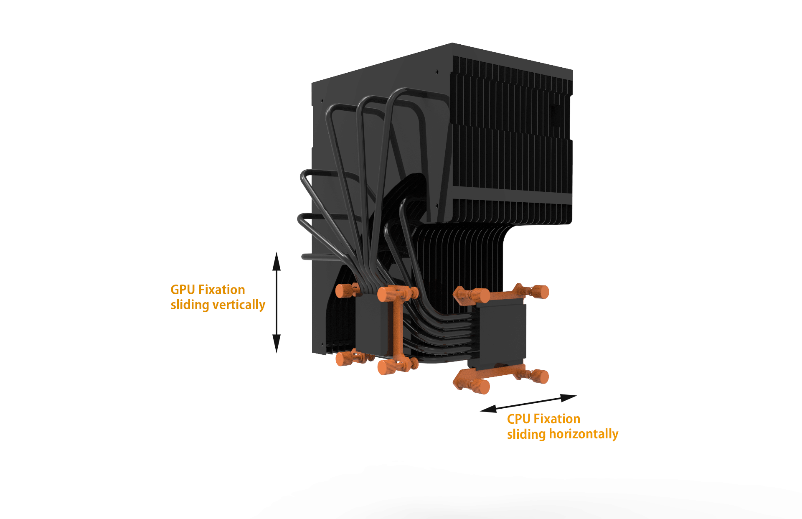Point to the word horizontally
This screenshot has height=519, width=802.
pos(584,434)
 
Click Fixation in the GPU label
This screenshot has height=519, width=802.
pos(221,290)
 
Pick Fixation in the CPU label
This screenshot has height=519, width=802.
pos(557,419)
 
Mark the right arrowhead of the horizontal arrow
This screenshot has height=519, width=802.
pos(569,397)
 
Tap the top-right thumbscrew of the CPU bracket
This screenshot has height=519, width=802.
pos(541,292)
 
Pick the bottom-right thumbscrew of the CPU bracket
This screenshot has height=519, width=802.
pos(540,377)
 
